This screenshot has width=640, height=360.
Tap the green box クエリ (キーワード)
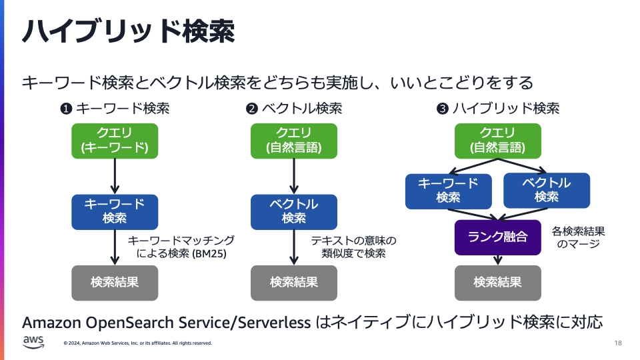pos(115,141)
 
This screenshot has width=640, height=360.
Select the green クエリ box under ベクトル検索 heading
pos(294,141)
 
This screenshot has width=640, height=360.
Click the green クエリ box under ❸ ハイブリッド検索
pos(497,141)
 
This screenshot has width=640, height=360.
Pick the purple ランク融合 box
pos(497,237)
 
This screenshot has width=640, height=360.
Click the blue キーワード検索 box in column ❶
pos(115,211)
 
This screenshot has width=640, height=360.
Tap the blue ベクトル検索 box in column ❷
pos(294,211)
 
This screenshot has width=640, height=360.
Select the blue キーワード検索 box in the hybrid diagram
pos(448,191)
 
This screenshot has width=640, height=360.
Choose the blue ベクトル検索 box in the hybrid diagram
pos(547,190)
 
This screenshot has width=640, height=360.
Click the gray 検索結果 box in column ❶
pos(115,282)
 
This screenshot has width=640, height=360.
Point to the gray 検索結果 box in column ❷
pos(294,282)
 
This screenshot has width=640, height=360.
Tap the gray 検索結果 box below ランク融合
pos(497,282)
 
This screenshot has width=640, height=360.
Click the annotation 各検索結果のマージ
pos(578,237)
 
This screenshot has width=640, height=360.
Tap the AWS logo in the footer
pos(33,342)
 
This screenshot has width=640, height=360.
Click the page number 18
pos(617,343)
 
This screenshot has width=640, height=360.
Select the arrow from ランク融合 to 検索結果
pos(497,260)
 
